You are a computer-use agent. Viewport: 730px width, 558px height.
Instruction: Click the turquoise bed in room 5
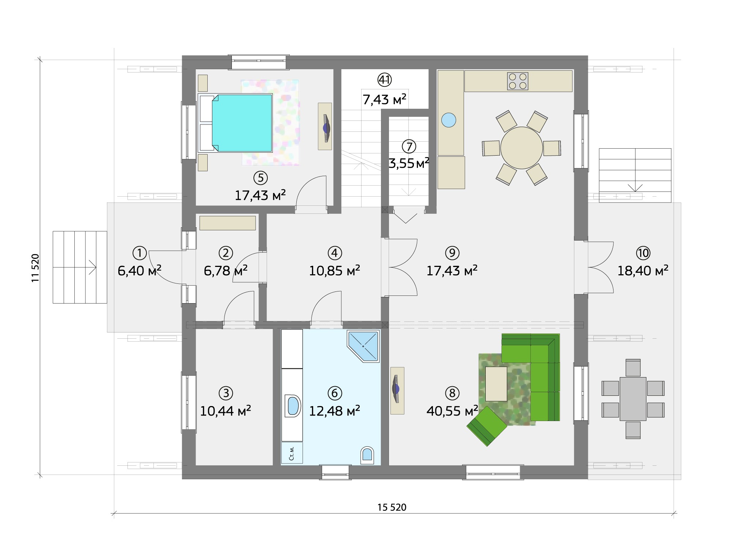pos(242,123)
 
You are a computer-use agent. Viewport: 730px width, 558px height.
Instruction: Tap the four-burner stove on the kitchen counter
pos(518,81)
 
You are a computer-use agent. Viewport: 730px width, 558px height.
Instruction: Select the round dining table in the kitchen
pos(521,148)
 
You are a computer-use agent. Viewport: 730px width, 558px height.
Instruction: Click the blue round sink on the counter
pos(449,120)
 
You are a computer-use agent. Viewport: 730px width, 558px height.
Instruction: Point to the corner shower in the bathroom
pos(363,346)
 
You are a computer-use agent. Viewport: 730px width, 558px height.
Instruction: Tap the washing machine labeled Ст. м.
pos(292,453)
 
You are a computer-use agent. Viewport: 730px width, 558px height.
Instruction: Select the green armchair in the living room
pos(487,426)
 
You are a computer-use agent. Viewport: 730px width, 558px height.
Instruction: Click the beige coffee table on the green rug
pos(496,384)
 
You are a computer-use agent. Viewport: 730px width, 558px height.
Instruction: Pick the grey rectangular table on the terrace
pos(633,399)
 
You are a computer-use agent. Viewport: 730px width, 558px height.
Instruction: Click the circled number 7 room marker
pos(409,146)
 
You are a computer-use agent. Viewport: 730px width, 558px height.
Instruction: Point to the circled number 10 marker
pos(643,253)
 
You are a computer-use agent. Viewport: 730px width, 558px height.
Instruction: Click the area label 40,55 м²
pos(452,411)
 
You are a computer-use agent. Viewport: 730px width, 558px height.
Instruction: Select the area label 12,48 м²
pos(334,411)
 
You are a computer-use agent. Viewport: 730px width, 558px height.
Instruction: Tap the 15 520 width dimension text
pos(392,507)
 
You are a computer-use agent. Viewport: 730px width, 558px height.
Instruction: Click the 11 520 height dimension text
pos(35,268)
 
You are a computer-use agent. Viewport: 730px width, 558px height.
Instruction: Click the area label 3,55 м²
pos(409,163)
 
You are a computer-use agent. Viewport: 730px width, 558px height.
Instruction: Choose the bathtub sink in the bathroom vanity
pos(293,406)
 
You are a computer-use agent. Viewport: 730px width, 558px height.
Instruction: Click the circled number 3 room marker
pos(226,393)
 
